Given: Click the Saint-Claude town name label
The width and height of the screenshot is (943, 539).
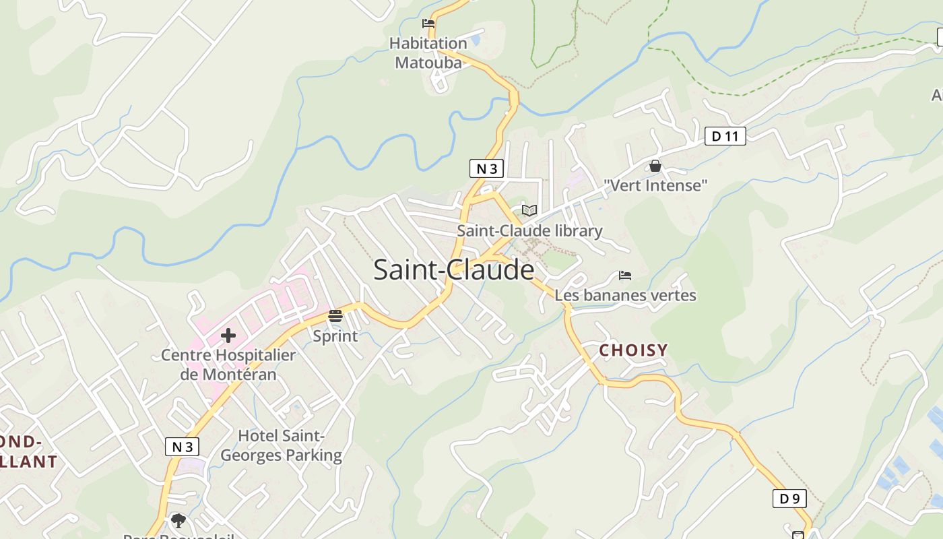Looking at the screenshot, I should [x=453, y=270].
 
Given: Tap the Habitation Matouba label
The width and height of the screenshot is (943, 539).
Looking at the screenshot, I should [x=428, y=53].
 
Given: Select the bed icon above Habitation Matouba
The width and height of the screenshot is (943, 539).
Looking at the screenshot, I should [x=428, y=24].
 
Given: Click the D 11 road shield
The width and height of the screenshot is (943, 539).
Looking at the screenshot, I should [x=725, y=136].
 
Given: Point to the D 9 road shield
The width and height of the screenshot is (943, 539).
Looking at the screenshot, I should [x=789, y=499].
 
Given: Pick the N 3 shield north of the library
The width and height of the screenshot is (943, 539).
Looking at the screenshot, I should [x=486, y=168].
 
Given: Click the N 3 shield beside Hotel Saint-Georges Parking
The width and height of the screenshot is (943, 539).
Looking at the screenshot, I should [x=183, y=446].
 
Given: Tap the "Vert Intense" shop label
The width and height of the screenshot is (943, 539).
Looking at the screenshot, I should [x=655, y=185].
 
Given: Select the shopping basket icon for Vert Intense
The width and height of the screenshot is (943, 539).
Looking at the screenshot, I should [x=655, y=166].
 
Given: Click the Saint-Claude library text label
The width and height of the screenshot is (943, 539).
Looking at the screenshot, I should [x=529, y=231].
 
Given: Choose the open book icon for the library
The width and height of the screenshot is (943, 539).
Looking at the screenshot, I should [x=529, y=210].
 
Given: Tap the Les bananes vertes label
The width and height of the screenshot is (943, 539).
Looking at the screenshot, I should [x=625, y=295].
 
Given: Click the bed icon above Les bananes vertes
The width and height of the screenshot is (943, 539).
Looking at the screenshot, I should [x=625, y=276].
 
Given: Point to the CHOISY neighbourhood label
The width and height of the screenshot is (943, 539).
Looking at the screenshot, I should [x=633, y=350].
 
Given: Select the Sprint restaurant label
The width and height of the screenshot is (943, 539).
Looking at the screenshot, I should [x=335, y=336].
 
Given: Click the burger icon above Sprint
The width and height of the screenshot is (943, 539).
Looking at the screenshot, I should [x=335, y=315].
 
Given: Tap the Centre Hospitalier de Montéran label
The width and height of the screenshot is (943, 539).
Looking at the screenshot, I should [x=228, y=364].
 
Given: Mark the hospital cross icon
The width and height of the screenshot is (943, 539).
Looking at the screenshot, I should [x=228, y=335].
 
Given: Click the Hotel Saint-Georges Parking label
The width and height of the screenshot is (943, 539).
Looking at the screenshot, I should [x=282, y=445].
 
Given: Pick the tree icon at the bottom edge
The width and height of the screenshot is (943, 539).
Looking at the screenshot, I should [x=178, y=520].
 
